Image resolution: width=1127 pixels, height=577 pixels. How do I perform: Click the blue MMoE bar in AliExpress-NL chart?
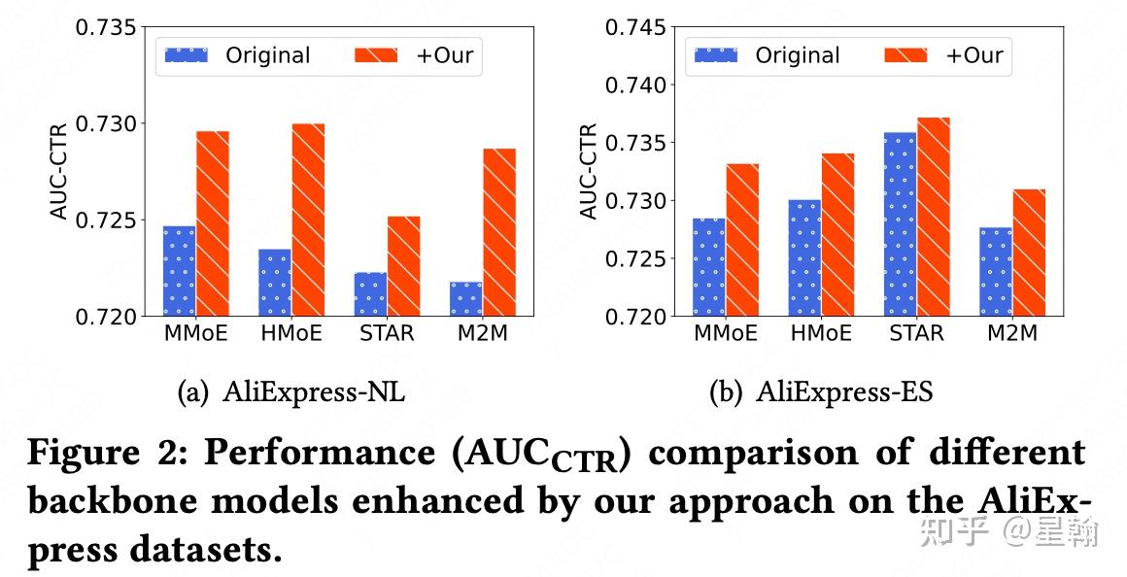tap(179, 271)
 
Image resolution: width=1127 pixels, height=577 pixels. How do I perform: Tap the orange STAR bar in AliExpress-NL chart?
tap(403, 266)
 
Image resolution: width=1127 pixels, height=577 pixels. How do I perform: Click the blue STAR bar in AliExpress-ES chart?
tap(900, 224)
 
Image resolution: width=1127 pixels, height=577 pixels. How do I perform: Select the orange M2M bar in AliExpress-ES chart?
tap(1029, 253)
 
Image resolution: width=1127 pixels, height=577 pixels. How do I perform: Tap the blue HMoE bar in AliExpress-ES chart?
tap(804, 258)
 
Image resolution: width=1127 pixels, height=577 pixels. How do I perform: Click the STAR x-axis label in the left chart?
tap(387, 334)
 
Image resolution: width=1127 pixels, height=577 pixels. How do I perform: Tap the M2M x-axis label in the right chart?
tap(1012, 334)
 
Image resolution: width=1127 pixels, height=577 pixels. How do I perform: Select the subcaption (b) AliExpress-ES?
tap(821, 392)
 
